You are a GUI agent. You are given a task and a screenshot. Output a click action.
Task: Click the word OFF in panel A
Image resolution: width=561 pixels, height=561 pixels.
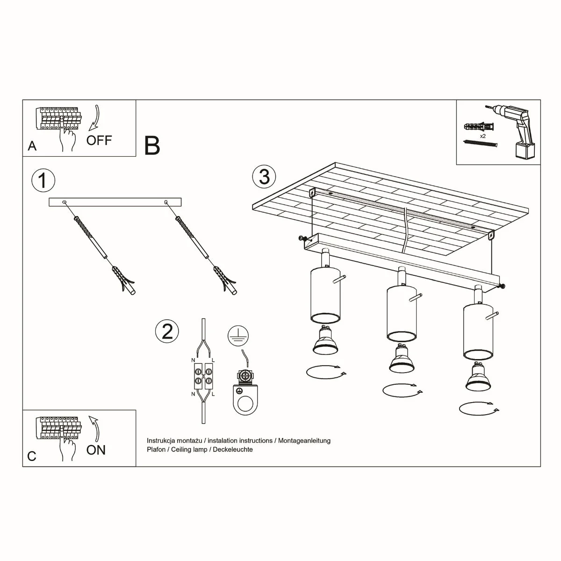tap(99, 140)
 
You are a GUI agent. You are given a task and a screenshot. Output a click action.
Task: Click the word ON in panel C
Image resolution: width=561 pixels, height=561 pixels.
tap(96, 450)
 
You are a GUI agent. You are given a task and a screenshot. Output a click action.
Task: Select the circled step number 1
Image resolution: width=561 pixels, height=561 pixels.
tap(43, 180)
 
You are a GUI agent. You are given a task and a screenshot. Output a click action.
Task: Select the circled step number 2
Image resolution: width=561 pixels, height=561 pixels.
tap(167, 331)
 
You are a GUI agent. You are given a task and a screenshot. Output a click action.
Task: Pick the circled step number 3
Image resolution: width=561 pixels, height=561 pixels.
tap(264, 177)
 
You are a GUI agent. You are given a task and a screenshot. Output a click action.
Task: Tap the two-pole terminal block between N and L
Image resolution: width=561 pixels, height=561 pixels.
tap(203, 377)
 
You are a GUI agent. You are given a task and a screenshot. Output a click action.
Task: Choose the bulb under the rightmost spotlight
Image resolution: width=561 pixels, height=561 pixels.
tap(478, 377)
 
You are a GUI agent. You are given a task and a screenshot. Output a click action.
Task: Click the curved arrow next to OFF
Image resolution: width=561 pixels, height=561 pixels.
tap(95, 117)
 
